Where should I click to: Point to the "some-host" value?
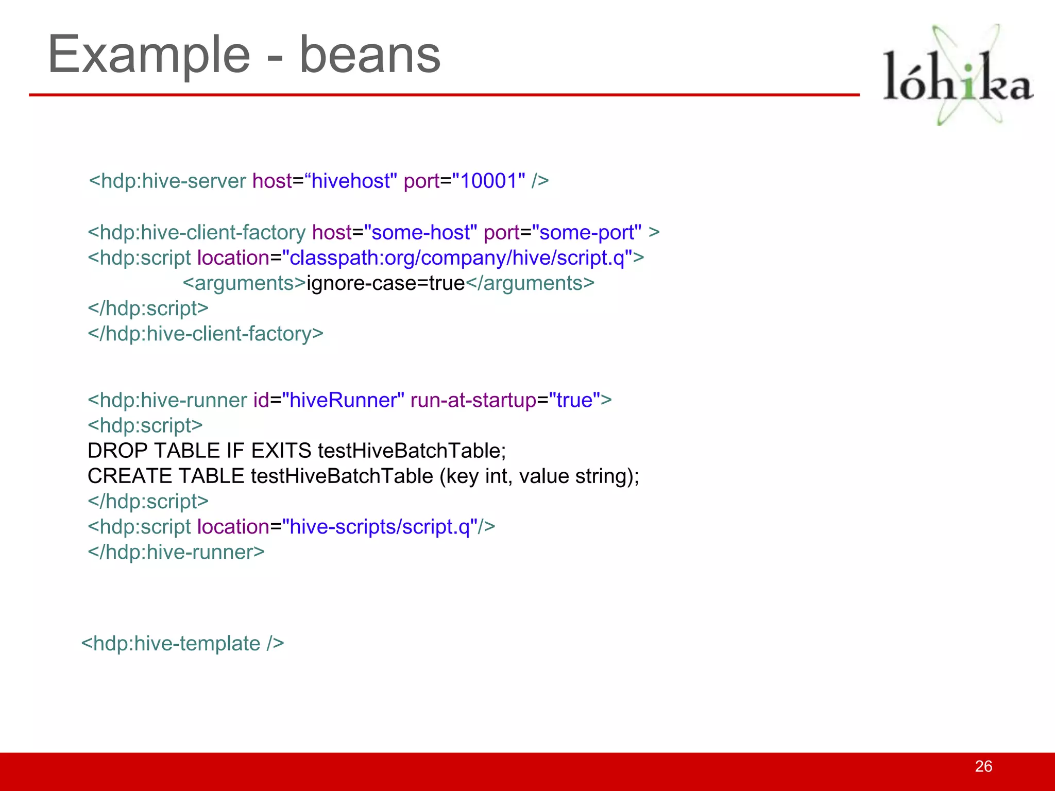tap(421, 233)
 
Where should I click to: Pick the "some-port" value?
tap(587, 233)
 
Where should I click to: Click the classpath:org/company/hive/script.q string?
tap(457, 258)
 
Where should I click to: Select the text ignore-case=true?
tap(386, 283)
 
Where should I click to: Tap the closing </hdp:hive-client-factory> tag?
tap(206, 334)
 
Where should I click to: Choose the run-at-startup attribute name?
tap(473, 400)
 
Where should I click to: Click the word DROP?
tap(118, 451)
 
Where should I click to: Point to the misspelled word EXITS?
tap(281, 451)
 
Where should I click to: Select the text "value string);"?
tap(579, 476)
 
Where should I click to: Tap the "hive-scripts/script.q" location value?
tap(380, 527)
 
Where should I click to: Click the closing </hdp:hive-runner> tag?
tap(176, 552)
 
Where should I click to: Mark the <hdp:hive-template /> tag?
tap(182, 644)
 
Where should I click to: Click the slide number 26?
tap(983, 766)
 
